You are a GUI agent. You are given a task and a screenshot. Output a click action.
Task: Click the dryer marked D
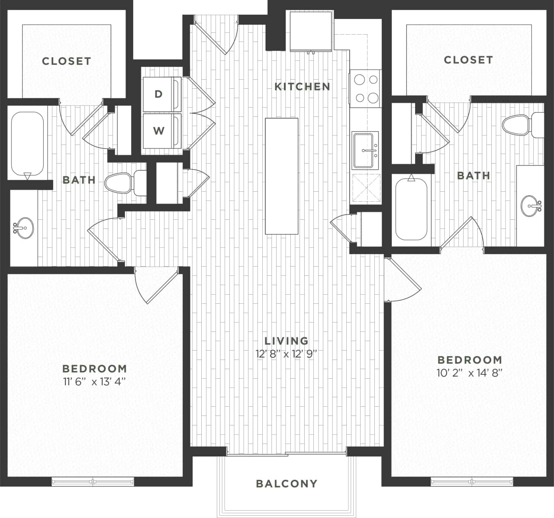(159, 94)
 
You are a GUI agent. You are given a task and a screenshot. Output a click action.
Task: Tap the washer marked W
(159, 131)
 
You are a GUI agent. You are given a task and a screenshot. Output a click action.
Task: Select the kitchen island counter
(282, 176)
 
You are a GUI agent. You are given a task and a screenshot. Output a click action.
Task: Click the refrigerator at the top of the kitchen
(311, 32)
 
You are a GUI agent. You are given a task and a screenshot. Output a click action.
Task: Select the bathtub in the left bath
(27, 145)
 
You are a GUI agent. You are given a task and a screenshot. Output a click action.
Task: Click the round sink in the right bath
(531, 206)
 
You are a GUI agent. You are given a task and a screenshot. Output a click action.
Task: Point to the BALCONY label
(287, 483)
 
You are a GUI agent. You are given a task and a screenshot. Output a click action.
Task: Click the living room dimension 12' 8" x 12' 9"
(287, 354)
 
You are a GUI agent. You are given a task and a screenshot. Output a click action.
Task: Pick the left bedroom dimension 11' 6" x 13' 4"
(94, 382)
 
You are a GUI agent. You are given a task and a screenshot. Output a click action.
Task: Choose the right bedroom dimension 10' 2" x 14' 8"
(470, 373)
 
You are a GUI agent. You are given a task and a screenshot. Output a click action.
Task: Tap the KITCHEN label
(303, 87)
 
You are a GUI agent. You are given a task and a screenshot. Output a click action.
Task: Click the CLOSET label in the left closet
(67, 61)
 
